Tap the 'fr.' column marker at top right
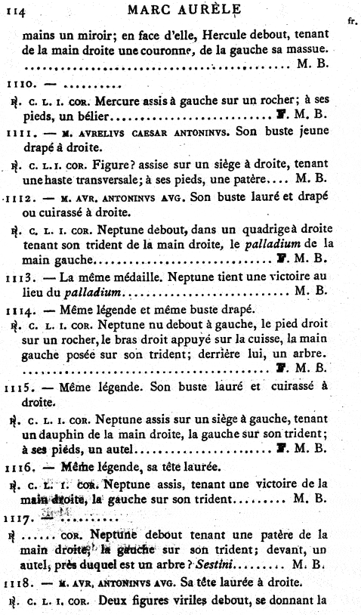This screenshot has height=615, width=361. coord(351,22)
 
